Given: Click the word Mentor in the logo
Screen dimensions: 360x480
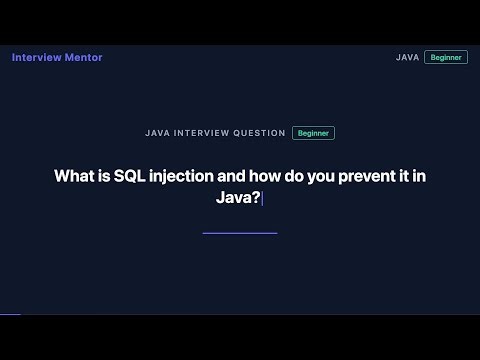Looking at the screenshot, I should click(x=82, y=57).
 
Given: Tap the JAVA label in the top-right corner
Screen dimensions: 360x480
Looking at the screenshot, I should click(x=407, y=57).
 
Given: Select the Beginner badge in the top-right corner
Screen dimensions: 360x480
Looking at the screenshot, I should click(x=446, y=57).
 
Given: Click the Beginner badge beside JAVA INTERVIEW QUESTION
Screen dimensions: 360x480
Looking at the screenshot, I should click(x=313, y=133).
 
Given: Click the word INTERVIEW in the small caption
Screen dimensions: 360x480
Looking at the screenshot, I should click(x=203, y=133).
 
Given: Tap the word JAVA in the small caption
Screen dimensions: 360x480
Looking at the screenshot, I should click(x=157, y=133).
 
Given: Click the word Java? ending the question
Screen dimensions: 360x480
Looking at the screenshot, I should click(x=237, y=198).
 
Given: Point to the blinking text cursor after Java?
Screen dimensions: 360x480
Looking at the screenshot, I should click(x=262, y=198).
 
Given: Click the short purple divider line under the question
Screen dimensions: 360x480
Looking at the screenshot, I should click(x=240, y=233).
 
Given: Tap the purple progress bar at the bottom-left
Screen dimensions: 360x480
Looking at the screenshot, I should click(x=10, y=314).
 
